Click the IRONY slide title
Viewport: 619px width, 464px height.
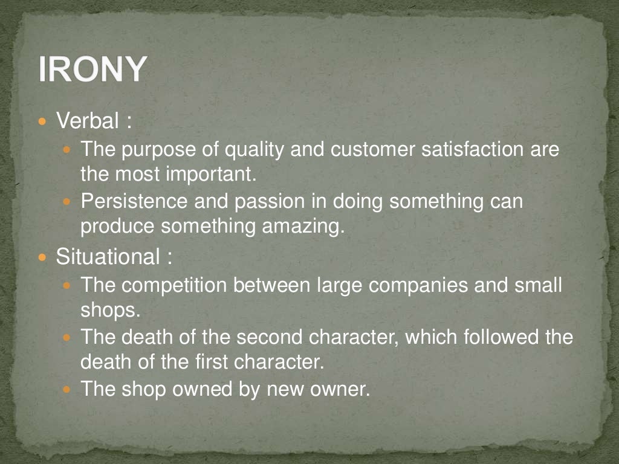coord(92,69)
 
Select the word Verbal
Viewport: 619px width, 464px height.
coord(88,121)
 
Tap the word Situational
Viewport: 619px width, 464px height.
coord(106,257)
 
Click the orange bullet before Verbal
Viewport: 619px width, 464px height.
coord(42,122)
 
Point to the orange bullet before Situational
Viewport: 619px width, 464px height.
coord(42,257)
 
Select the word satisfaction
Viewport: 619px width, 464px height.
coord(458,149)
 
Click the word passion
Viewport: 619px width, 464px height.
coord(267,201)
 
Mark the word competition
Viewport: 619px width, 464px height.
coord(175,284)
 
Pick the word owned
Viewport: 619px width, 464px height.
coord(203,388)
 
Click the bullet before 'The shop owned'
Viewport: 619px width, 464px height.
coord(67,389)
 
